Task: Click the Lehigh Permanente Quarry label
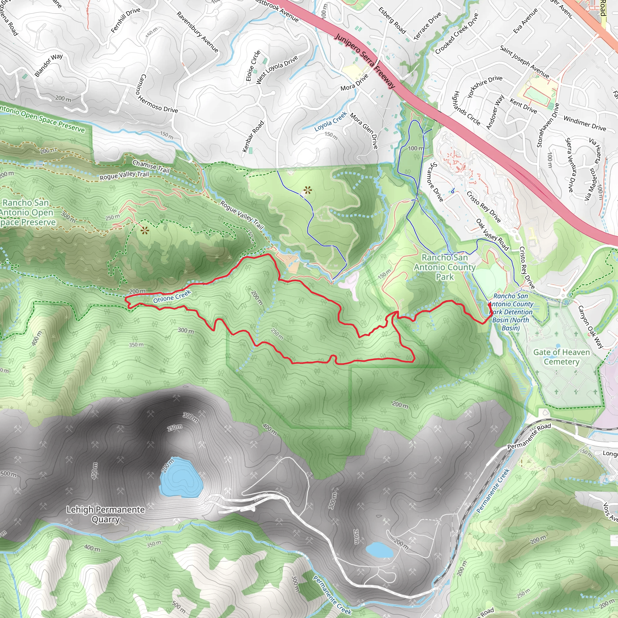106,514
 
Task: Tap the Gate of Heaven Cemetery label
561,357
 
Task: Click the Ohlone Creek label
172,296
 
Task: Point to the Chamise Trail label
151,166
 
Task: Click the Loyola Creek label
330,122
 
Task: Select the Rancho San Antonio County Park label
444,267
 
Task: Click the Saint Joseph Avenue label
524,62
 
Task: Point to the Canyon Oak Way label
591,327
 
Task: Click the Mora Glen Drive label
364,130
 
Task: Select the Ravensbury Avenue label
197,32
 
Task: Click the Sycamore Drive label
436,182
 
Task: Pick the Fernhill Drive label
126,20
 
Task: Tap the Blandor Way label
49,65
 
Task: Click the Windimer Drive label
585,123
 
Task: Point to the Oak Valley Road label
492,234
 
